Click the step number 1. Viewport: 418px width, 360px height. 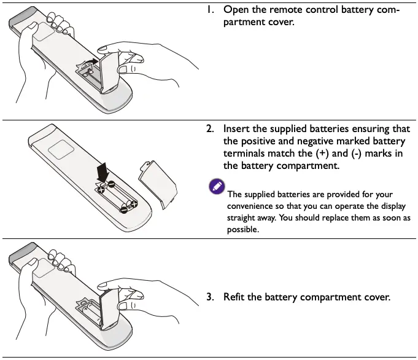coord(210,10)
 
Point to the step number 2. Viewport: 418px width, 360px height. coord(209,129)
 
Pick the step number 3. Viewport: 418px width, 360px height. coord(209,297)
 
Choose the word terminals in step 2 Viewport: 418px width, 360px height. coord(246,154)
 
